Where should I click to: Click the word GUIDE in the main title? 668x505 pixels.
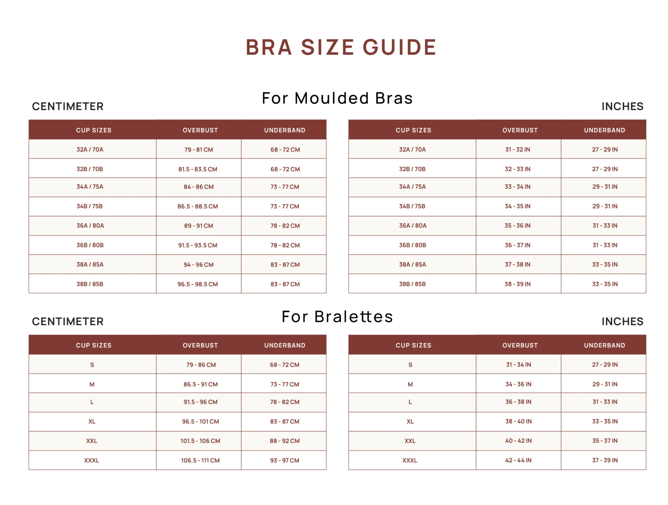(399, 47)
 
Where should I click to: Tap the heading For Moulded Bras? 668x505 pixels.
(337, 98)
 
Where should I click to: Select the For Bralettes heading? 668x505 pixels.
(337, 317)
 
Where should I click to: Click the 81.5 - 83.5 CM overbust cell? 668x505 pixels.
(198, 169)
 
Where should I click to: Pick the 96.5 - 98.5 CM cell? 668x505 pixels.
(198, 284)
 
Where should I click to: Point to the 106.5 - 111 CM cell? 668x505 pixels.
(200, 460)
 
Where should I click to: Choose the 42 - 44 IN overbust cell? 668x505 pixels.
(518, 460)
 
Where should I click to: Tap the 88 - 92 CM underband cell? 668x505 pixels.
(285, 441)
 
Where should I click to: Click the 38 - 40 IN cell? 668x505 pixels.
(518, 421)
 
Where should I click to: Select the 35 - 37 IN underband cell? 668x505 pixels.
(605, 440)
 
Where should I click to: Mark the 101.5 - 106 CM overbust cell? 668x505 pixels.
(200, 441)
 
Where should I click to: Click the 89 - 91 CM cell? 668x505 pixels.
(199, 225)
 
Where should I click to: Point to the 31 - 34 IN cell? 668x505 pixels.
(518, 364)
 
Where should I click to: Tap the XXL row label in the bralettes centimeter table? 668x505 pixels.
(92, 441)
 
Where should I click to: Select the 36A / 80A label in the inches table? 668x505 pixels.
(413, 225)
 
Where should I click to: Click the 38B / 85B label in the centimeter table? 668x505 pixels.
(90, 284)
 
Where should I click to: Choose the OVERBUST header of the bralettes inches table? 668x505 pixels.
(520, 345)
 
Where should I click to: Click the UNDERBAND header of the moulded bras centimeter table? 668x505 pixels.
(285, 130)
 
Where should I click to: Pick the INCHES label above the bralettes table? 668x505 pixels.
(622, 321)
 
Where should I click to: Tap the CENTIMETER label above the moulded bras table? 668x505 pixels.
(68, 106)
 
